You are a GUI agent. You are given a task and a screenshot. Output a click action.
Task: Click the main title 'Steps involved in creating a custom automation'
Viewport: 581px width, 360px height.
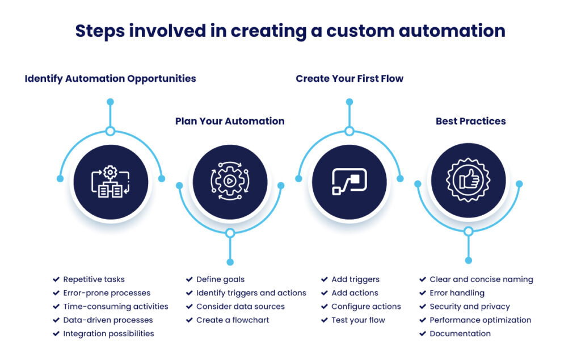(290, 31)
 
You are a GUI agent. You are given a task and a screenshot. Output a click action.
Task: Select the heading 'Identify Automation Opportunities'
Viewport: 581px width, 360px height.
(110, 78)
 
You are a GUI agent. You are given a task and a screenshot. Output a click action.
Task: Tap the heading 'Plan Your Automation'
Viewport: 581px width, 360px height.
(230, 121)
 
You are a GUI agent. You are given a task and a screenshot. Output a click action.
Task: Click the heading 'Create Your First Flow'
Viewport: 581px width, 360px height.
(349, 78)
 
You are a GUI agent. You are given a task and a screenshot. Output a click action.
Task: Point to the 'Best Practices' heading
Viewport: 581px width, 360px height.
(470, 121)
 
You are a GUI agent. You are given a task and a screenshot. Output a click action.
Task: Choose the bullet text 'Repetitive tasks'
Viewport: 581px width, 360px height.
(94, 279)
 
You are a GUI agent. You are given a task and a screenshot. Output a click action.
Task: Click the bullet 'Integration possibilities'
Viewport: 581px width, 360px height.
(108, 333)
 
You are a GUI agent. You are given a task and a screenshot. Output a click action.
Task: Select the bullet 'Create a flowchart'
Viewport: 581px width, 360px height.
(233, 320)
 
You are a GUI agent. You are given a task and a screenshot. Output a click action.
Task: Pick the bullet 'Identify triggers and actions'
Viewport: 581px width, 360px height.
(251, 293)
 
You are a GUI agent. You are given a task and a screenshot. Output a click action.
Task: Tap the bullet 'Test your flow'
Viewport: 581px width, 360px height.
(358, 320)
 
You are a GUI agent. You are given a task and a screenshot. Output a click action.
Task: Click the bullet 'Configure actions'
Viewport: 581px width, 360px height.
(366, 307)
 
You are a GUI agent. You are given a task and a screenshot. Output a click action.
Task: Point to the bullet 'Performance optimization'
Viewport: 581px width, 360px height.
(480, 320)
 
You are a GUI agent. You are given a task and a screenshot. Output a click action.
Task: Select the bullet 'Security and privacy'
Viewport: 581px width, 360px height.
(469, 307)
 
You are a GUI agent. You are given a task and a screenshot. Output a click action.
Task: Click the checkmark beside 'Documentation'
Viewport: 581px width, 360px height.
(423, 333)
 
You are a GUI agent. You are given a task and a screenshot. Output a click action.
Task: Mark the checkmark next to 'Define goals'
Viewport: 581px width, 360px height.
(190, 279)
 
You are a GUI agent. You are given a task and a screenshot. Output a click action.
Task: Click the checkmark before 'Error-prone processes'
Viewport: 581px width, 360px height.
(56, 293)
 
